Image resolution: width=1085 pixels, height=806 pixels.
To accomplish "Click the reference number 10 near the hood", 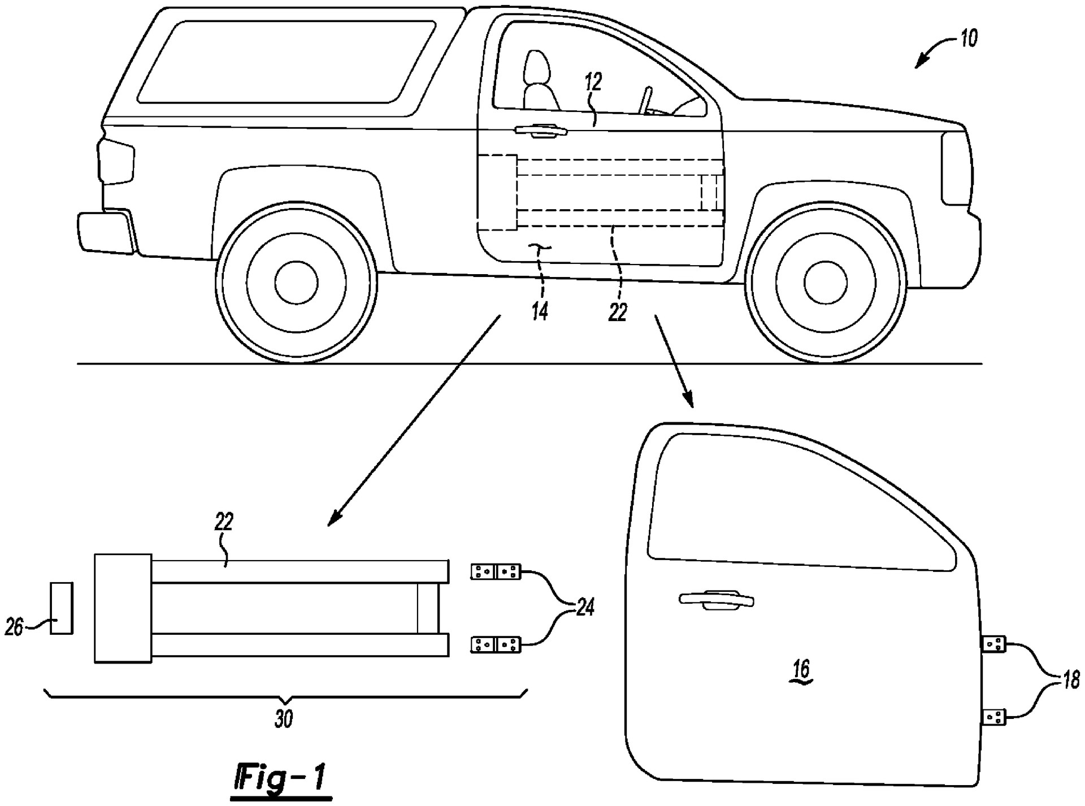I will (x=968, y=38).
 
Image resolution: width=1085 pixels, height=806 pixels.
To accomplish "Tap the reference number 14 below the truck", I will (x=540, y=310).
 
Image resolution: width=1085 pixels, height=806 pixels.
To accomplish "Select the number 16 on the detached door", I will (x=801, y=670).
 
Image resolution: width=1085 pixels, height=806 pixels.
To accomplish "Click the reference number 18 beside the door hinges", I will (x=1070, y=679).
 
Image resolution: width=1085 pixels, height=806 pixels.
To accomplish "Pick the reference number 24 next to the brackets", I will (x=584, y=608).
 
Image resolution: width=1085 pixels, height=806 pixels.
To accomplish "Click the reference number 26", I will (x=14, y=626).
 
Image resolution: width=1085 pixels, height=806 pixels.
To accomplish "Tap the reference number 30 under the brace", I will (x=284, y=719).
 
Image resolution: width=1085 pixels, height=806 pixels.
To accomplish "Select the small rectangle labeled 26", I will (x=61, y=608).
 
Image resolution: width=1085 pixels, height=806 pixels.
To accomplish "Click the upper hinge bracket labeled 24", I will (x=496, y=571).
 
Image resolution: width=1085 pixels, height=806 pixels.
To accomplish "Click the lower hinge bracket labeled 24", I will (x=496, y=644).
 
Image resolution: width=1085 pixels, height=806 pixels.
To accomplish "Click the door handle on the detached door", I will (x=717, y=600).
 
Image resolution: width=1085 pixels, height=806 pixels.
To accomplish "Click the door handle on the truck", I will (x=540, y=131).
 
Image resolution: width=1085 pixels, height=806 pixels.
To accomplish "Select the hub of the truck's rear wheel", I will (x=296, y=281).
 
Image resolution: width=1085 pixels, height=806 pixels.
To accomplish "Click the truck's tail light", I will (x=116, y=162).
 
